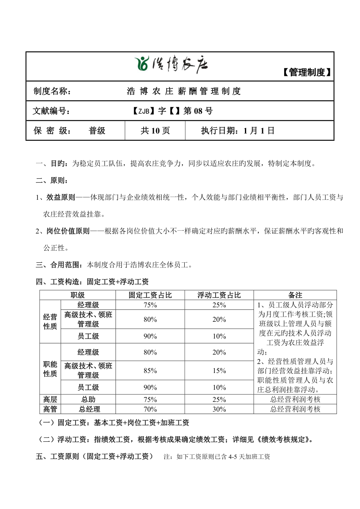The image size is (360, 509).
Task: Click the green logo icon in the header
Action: (142, 64)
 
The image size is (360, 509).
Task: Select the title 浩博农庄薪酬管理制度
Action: (184, 91)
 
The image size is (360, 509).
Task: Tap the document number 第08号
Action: (198, 111)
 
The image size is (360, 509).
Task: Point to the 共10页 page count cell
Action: (155, 131)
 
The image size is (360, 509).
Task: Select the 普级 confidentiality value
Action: (97, 131)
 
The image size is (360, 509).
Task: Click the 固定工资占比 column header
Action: (150, 295)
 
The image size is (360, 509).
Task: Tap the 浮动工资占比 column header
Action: (219, 295)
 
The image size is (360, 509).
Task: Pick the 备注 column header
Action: (295, 295)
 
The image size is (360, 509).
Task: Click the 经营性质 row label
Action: (50, 322)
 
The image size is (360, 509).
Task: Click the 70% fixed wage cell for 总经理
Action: (150, 409)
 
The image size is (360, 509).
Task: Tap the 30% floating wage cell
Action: (219, 409)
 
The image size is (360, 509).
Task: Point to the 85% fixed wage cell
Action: (150, 371)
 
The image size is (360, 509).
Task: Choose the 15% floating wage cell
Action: (219, 371)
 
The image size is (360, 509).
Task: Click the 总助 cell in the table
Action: (88, 400)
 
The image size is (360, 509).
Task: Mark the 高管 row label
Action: (50, 409)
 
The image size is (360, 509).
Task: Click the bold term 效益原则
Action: (60, 198)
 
